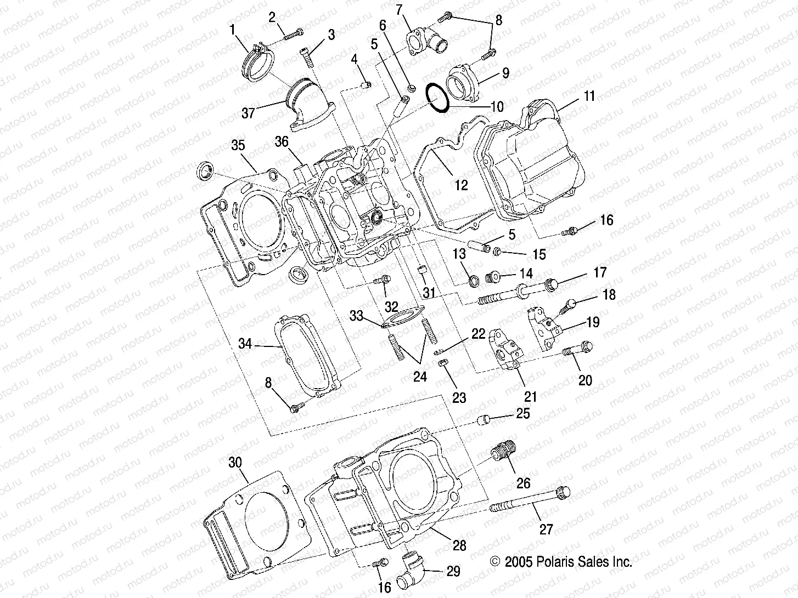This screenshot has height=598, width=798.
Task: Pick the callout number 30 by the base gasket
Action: coord(235,463)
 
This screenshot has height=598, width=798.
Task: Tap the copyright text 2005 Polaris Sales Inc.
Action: coord(560,561)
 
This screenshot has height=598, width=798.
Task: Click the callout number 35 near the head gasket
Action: coord(238,146)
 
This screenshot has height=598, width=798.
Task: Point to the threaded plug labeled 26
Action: coord(503,453)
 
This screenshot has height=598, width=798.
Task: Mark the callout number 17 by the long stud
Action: coord(599,272)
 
